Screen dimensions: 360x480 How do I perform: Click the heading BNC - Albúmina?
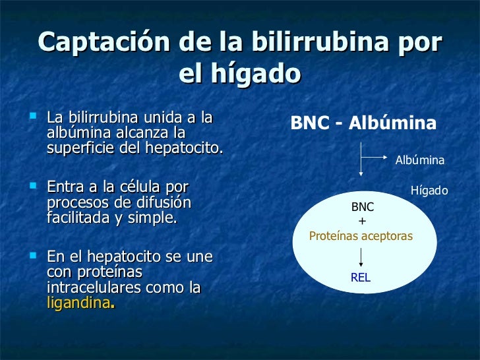click(363, 124)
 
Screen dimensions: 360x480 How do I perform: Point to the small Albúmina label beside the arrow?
click(419, 160)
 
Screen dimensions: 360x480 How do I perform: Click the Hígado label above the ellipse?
click(429, 191)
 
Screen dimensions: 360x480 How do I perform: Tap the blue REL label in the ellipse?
click(361, 278)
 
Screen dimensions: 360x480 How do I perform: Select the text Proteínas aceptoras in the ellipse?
click(361, 235)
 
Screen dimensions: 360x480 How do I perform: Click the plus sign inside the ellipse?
click(361, 221)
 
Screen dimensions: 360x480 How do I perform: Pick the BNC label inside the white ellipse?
click(362, 207)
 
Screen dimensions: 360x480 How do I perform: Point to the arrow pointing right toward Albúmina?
click(376, 157)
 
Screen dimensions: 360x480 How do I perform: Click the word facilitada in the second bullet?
click(77, 217)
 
